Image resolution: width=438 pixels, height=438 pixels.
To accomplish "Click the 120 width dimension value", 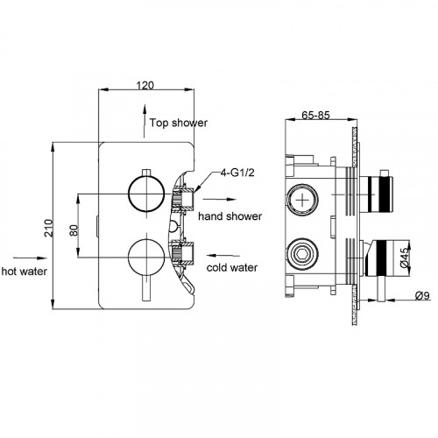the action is [x=145, y=85].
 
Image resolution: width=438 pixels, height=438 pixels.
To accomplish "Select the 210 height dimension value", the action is [x=48, y=228].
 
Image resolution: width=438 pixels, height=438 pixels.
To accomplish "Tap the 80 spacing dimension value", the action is [x=74, y=230].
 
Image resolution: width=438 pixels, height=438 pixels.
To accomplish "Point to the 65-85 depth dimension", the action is [x=315, y=115].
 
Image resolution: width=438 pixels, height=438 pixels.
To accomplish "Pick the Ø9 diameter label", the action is [x=422, y=296].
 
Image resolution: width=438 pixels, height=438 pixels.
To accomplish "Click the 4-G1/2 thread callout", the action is [x=237, y=173].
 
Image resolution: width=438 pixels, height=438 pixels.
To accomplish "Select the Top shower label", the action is [x=179, y=123].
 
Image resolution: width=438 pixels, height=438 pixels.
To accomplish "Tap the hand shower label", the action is [x=230, y=216].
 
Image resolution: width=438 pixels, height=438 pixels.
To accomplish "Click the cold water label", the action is [x=232, y=267].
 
